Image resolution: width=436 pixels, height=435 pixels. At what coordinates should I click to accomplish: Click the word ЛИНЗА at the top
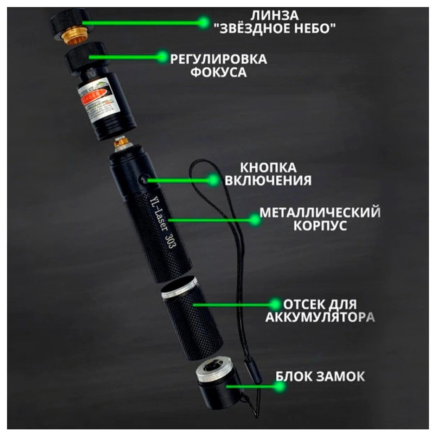coord(275,15)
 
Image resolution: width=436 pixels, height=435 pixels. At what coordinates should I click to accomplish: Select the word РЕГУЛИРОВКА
coord(218,59)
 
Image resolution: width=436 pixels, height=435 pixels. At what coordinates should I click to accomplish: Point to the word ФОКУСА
coord(218,72)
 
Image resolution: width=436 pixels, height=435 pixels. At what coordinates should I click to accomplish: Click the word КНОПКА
coord(268,167)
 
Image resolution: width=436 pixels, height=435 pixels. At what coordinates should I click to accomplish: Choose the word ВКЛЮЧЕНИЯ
coord(268,181)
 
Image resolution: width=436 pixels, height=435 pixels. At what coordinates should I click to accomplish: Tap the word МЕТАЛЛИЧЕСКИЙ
coord(320,212)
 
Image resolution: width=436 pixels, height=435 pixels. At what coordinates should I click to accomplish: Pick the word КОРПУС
coord(320,226)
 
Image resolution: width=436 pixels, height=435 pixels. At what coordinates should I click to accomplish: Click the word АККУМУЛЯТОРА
coord(320,317)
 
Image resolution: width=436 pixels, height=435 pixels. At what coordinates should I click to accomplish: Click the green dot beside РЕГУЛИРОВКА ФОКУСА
coord(162,56)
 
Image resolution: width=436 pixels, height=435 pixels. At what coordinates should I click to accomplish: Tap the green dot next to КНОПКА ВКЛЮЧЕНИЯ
coord(212,180)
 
